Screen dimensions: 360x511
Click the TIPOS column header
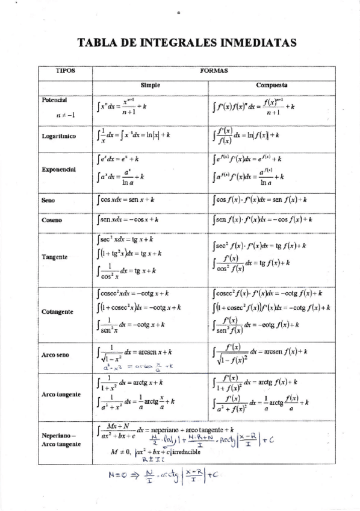point(65,71)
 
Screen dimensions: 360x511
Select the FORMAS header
point(214,71)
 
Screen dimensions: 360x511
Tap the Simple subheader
point(151,86)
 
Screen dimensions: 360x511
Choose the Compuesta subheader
point(272,86)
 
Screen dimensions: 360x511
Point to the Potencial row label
point(54,99)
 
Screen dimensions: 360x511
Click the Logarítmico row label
point(58,136)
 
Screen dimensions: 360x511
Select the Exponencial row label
point(58,169)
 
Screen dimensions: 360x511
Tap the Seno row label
point(48,199)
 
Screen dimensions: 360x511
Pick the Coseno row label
point(51,221)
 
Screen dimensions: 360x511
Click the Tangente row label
point(54,257)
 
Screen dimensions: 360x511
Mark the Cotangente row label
point(57,312)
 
